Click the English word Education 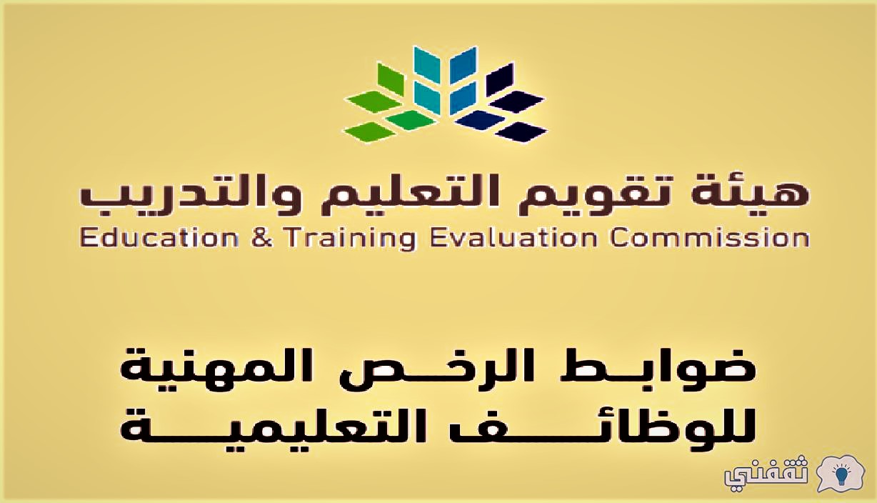(160, 238)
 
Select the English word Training (350, 239)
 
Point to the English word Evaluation (513, 238)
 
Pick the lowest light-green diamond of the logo (370, 131)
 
